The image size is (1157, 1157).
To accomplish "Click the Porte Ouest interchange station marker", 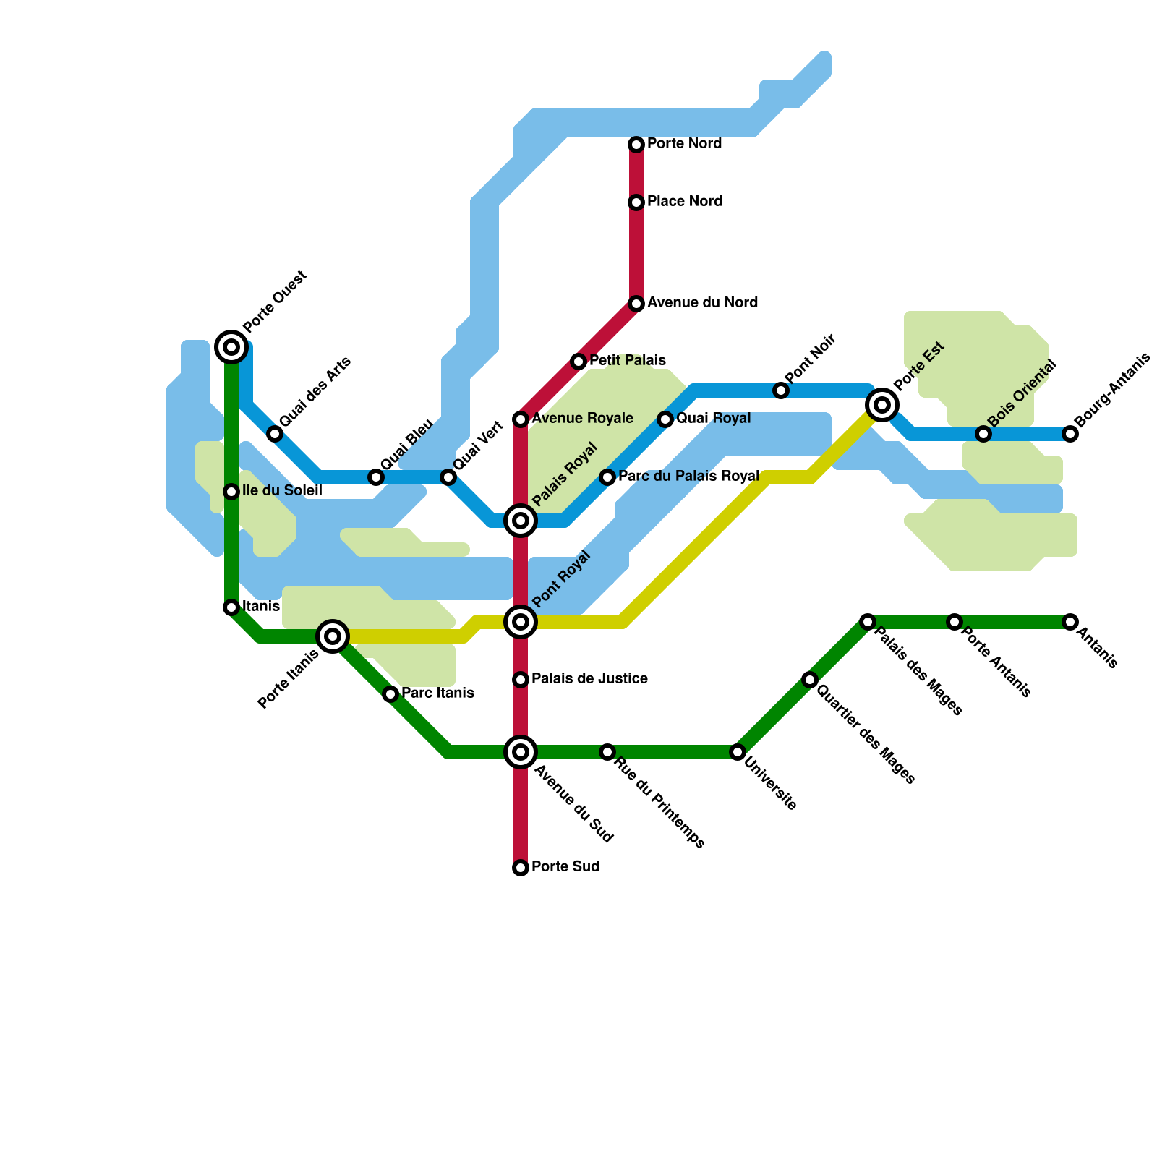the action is [x=231, y=347].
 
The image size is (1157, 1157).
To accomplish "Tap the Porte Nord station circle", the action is [x=636, y=145].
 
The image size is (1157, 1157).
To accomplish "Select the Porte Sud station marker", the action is [x=521, y=868].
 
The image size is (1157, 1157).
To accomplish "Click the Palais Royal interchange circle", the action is [x=521, y=521].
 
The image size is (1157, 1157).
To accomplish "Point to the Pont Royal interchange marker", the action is [x=521, y=622].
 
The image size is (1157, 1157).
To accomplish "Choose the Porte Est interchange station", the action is [x=882, y=405].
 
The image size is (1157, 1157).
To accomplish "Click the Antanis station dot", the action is [x=1070, y=622].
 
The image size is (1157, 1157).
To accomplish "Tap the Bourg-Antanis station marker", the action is [x=1070, y=434].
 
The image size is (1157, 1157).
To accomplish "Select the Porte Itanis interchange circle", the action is [x=333, y=636].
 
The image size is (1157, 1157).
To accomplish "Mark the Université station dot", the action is [x=738, y=752].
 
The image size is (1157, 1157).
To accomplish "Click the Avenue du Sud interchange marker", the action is [x=521, y=752].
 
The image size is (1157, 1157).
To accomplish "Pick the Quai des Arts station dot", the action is [x=275, y=434].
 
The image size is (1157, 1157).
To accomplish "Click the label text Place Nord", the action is [x=685, y=201].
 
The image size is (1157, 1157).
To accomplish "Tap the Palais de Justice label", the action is [x=589, y=678].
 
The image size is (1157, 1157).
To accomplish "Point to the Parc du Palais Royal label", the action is [x=688, y=476].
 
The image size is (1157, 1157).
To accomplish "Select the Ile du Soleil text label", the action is [x=282, y=490].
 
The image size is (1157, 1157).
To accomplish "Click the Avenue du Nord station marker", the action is [x=636, y=304].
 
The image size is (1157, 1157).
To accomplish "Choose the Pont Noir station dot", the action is [x=781, y=390].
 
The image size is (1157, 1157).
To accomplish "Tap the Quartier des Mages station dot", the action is [x=810, y=680].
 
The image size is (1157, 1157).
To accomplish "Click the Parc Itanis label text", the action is [x=437, y=693].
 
